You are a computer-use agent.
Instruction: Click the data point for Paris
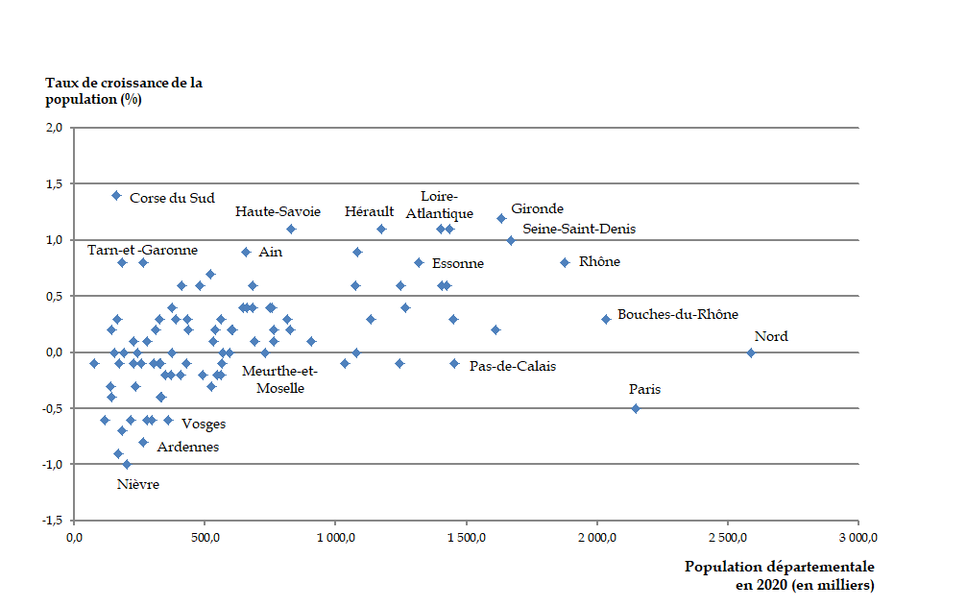tap(636, 408)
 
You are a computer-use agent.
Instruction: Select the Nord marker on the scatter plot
tap(751, 352)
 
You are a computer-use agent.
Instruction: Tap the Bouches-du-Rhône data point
tap(606, 319)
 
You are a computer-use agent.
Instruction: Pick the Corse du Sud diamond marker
tap(116, 195)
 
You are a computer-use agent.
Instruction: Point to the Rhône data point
tap(565, 262)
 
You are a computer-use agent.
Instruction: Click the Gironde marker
tap(501, 218)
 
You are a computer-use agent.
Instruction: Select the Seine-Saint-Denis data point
tap(511, 240)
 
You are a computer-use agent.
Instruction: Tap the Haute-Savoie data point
tap(291, 229)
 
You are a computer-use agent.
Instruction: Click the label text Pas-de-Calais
tap(513, 366)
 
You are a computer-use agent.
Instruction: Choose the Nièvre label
tap(138, 484)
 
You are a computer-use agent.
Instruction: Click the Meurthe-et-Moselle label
tap(278, 379)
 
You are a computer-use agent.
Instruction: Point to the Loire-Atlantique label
tap(439, 205)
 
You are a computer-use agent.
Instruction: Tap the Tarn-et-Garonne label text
tap(142, 250)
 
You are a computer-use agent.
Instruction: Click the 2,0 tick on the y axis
tap(55, 128)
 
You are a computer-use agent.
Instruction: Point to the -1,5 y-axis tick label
tap(52, 521)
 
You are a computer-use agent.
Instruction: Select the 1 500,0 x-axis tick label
tap(466, 538)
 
